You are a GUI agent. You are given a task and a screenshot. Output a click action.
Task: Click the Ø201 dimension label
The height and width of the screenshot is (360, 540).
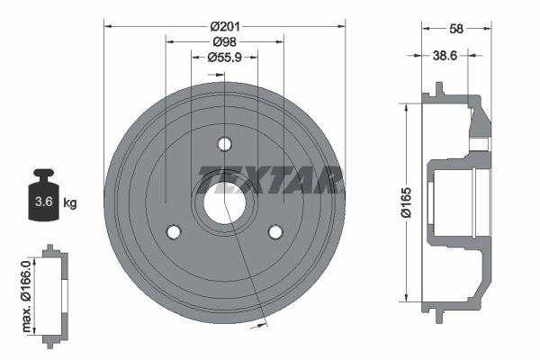point(224,26)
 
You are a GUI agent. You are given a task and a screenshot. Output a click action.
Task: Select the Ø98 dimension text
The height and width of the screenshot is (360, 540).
point(224,41)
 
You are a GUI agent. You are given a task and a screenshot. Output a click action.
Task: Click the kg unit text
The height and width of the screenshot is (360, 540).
point(70,203)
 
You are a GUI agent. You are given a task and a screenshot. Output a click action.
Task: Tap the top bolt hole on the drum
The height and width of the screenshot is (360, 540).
point(224,145)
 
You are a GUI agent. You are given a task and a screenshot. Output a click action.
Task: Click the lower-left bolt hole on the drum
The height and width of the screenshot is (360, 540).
point(174,231)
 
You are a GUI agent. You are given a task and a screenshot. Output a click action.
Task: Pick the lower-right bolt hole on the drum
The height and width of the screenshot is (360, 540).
point(274,231)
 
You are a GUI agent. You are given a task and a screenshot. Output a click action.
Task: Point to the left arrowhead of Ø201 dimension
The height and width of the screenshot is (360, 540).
point(108,26)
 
